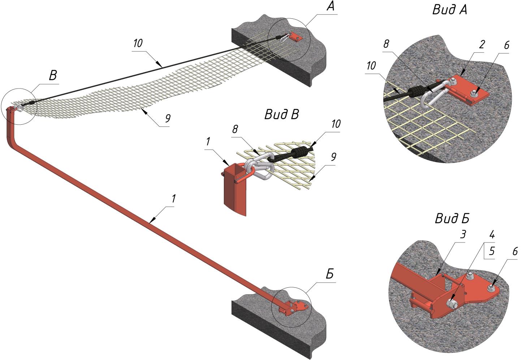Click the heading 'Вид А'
[x=449, y=10]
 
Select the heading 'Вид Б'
[x=452, y=218]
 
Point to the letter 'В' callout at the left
[x=53, y=76]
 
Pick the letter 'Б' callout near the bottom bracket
[x=329, y=274]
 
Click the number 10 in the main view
[x=138, y=43]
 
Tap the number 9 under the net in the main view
[x=167, y=118]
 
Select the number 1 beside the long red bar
[x=173, y=198]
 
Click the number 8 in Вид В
[x=235, y=129]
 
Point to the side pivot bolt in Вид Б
[x=452, y=303]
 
